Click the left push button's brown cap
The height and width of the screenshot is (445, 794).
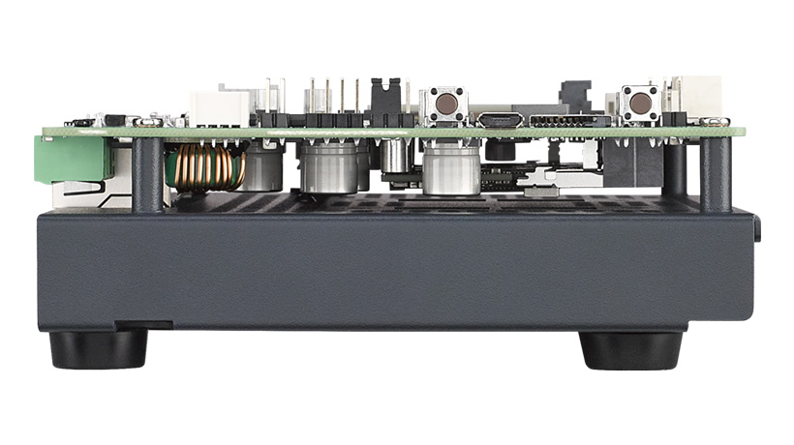[x=445, y=102]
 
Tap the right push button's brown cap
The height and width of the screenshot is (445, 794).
[x=640, y=101]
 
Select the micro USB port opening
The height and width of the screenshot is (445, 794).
[x=501, y=121]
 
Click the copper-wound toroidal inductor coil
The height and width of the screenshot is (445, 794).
[x=204, y=166]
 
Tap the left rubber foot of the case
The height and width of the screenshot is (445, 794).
[x=99, y=349]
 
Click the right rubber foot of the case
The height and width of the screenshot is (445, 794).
[x=630, y=349]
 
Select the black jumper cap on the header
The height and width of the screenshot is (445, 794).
[x=384, y=101]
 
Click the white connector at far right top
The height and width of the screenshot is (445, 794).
[x=696, y=96]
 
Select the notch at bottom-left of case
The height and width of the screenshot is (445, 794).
[x=145, y=322]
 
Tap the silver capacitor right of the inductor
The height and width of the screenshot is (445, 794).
[x=263, y=168]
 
